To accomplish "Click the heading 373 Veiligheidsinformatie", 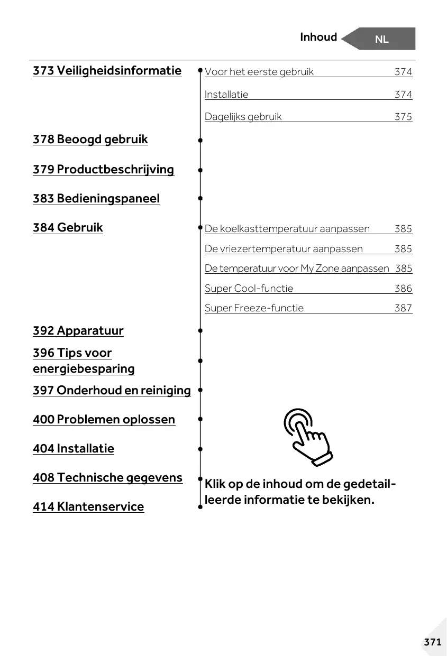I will pyautogui.click(x=107, y=71).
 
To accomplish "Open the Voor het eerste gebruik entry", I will pyautogui.click(x=259, y=72).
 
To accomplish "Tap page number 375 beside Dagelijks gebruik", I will pyautogui.click(x=403, y=117).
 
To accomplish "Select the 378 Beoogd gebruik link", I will pyautogui.click(x=90, y=140).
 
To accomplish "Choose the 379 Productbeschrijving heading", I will pyautogui.click(x=103, y=170).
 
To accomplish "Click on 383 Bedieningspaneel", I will pyautogui.click(x=96, y=199).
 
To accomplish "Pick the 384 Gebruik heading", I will pyautogui.click(x=68, y=228).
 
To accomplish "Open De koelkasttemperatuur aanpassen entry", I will pyautogui.click(x=287, y=229).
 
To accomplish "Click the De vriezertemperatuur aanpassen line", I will pyautogui.click(x=284, y=249).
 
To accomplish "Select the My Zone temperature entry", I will pyautogui.click(x=297, y=269).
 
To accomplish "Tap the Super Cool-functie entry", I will pyautogui.click(x=249, y=289).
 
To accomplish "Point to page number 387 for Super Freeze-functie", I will pyautogui.click(x=403, y=308).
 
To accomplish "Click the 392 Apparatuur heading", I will pyautogui.click(x=78, y=331).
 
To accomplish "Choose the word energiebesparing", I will pyautogui.click(x=84, y=369).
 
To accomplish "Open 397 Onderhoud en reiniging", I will pyautogui.click(x=112, y=391).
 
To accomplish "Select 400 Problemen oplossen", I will pyautogui.click(x=104, y=420).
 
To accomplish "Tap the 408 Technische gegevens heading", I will pyautogui.click(x=107, y=478).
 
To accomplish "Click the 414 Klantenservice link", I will pyautogui.click(x=88, y=507).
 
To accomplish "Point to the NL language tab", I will pyautogui.click(x=381, y=39).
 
